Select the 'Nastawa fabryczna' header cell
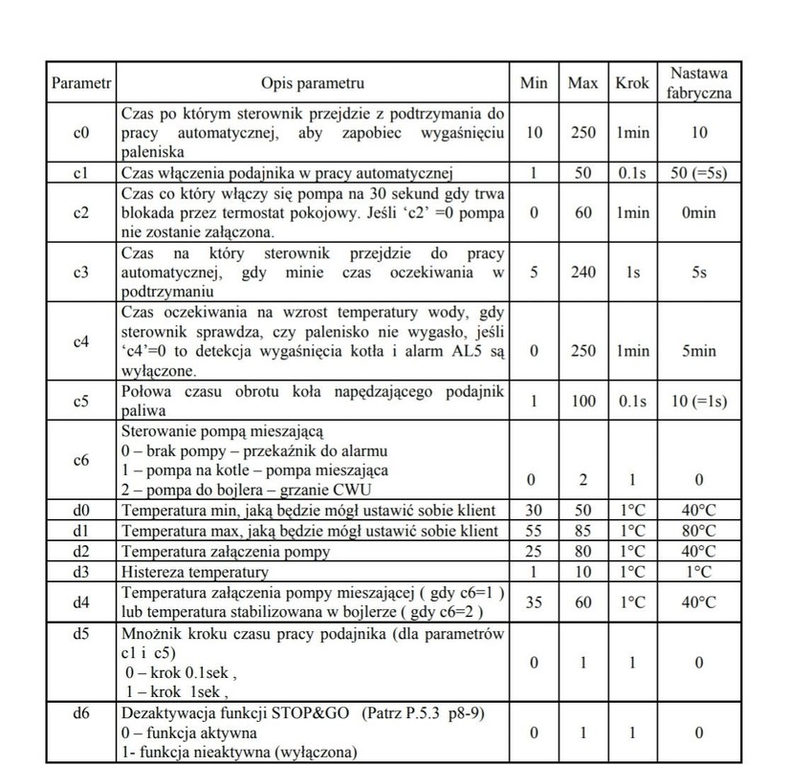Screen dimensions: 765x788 click(698, 83)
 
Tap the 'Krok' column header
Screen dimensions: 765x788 click(632, 83)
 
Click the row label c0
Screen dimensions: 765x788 click(81, 133)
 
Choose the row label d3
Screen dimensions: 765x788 click(81, 572)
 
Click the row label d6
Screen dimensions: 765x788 click(81, 713)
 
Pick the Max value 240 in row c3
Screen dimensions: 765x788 click(582, 272)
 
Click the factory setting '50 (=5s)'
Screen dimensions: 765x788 click(698, 172)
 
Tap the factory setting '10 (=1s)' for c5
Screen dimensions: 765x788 click(698, 400)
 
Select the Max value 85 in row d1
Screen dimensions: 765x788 click(582, 530)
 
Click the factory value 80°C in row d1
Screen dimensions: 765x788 click(698, 530)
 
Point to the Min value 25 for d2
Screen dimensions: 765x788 click(534, 551)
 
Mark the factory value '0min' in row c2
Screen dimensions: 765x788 click(698, 212)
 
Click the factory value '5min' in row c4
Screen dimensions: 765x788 click(698, 351)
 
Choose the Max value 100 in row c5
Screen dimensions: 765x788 click(582, 400)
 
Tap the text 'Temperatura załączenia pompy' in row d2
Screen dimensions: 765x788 click(225, 551)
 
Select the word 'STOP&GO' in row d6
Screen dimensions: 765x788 click(317, 713)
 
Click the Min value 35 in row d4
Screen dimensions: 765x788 click(534, 601)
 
